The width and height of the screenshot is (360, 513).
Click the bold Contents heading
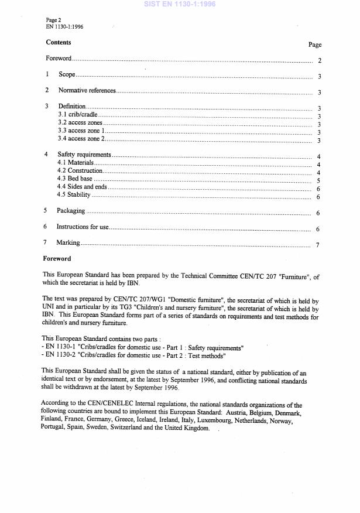click(59, 42)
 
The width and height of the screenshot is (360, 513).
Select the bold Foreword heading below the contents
click(57, 258)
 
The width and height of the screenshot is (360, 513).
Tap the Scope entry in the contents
click(67, 75)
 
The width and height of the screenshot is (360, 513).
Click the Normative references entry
click(87, 91)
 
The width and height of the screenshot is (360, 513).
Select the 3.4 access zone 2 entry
click(81, 139)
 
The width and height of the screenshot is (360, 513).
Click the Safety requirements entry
click(84, 155)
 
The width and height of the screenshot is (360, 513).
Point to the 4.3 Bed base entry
click(75, 179)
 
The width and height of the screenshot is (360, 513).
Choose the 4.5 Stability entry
click(74, 194)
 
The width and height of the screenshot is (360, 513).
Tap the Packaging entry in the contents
click(71, 211)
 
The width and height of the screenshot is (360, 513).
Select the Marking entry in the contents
click(68, 242)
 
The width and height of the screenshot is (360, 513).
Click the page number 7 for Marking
click(318, 245)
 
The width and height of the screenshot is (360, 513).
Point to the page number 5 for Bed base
click(318, 181)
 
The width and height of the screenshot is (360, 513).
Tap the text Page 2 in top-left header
click(54, 19)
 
